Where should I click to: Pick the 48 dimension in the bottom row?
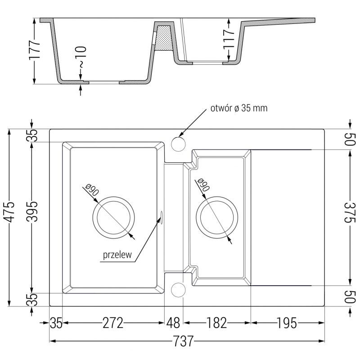(x=173, y=323)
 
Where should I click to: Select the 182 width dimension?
(x=217, y=323)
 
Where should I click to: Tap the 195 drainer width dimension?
(x=286, y=323)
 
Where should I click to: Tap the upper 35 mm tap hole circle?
(x=178, y=144)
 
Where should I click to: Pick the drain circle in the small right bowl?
(x=216, y=217)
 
